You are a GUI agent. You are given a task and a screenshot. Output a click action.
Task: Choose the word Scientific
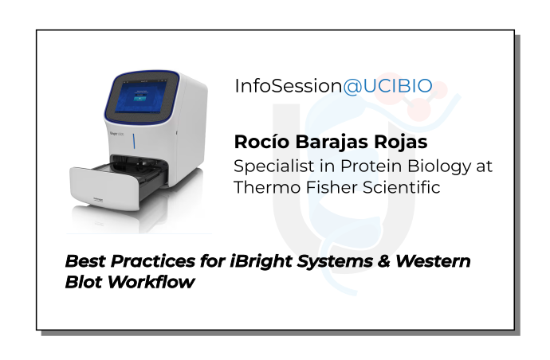(x=401, y=187)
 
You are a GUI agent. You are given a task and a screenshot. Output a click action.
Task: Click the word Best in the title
(x=82, y=261)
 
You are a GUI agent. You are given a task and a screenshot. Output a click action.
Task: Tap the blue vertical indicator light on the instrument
(x=133, y=144)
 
